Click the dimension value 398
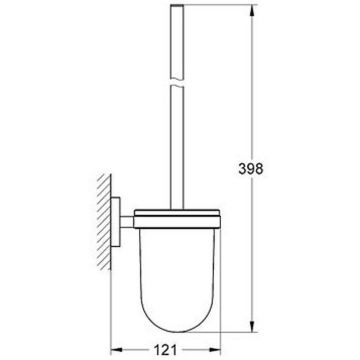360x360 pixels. (x=250, y=168)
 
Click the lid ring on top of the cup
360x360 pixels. (x=179, y=214)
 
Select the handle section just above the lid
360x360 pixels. (x=179, y=186)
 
